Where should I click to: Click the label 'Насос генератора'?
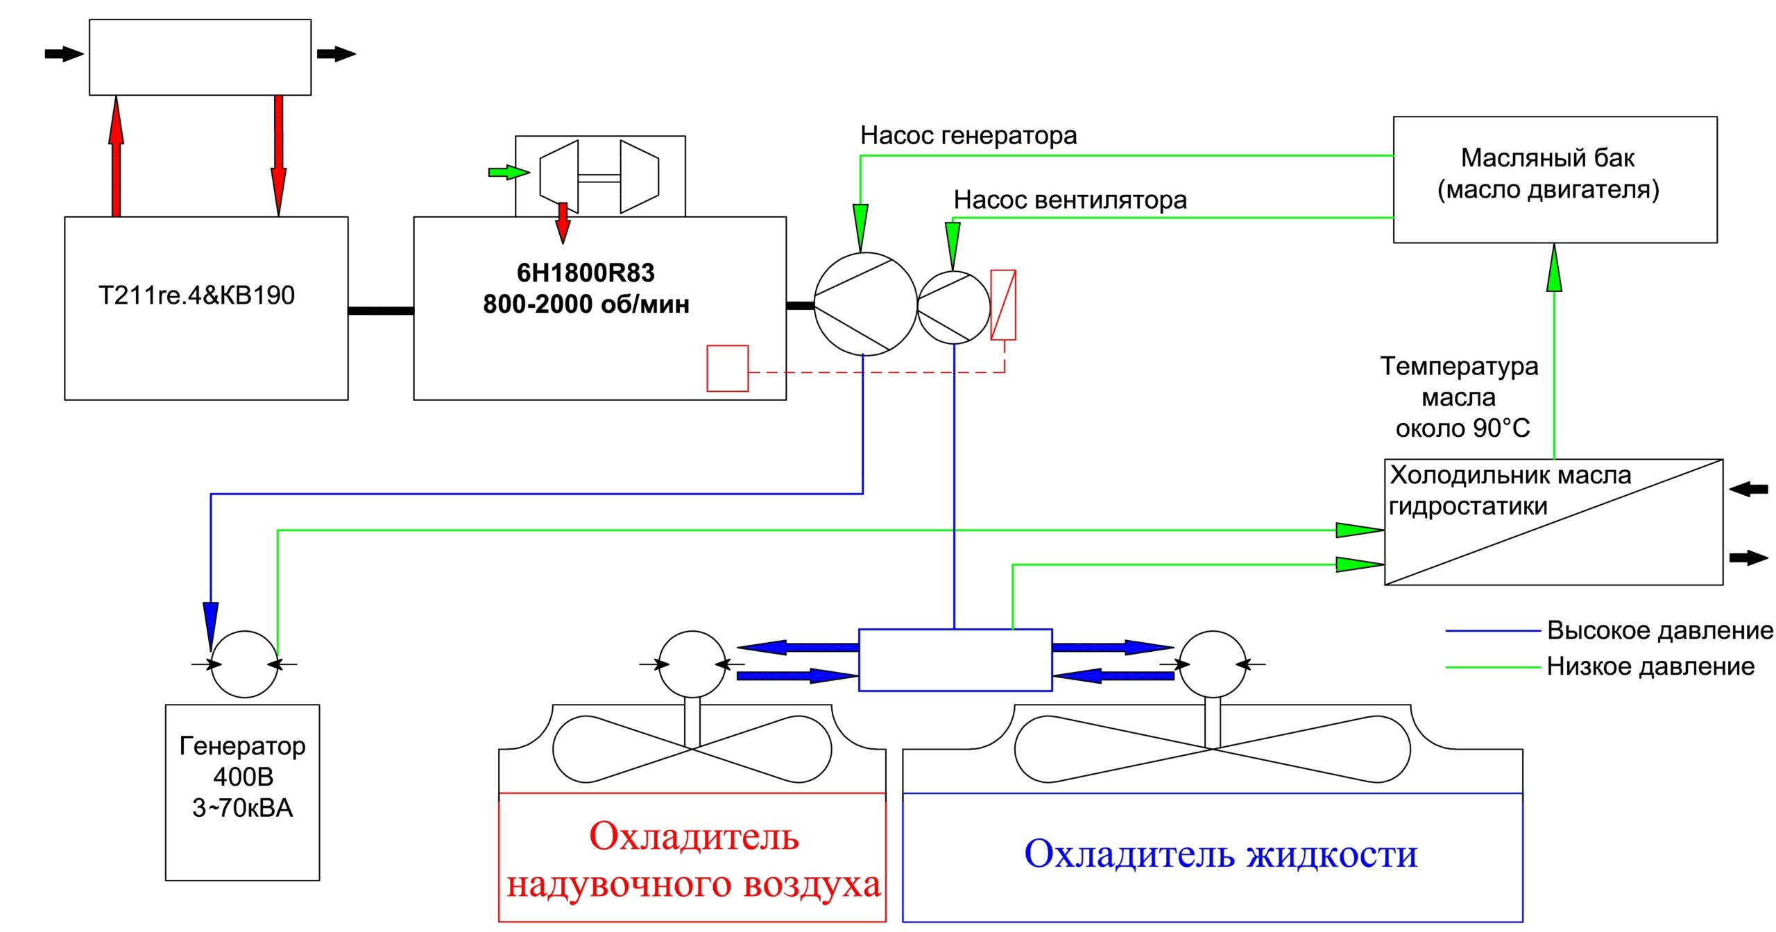pos(968,135)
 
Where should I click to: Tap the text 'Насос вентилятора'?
pos(1070,200)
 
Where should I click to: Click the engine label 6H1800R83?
pos(586,273)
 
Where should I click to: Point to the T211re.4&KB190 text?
pos(196,295)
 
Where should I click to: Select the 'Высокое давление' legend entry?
pos(1609,630)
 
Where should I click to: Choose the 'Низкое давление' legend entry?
pos(1600,666)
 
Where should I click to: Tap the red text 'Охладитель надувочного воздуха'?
pos(693,860)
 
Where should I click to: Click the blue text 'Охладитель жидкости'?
pos(1220,854)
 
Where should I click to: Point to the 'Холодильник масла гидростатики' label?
pos(1511,490)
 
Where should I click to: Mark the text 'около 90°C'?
pos(1462,429)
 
